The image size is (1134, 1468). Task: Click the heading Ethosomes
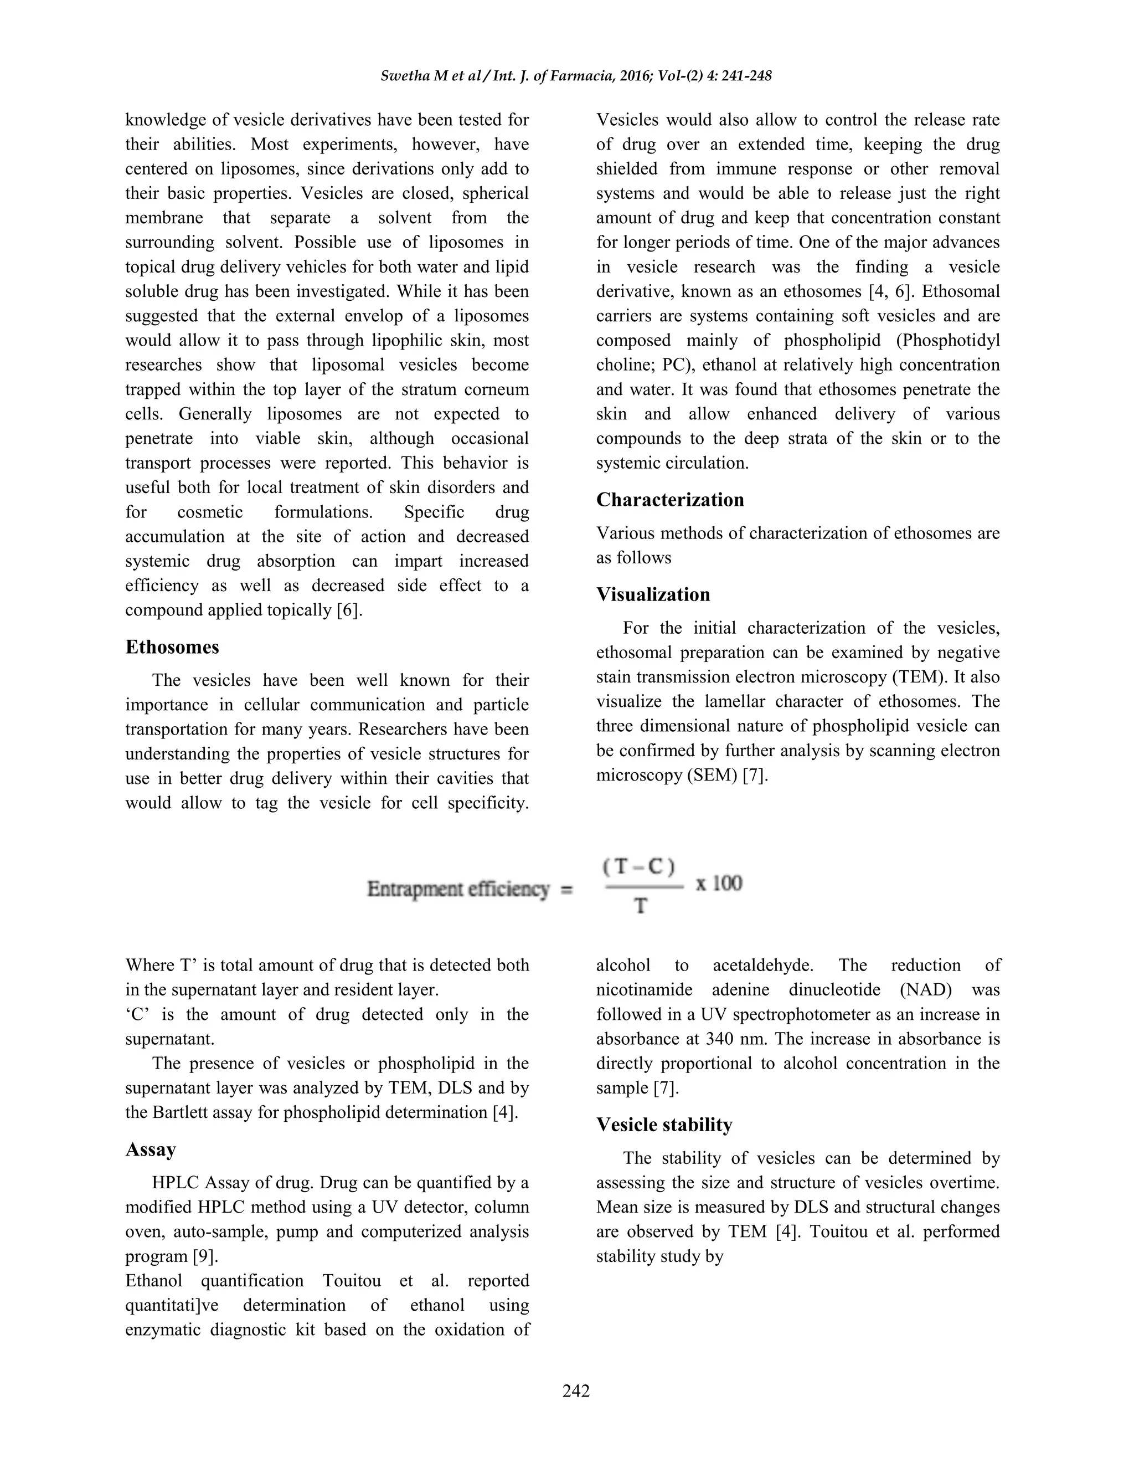click(172, 646)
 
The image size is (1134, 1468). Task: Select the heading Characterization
click(670, 500)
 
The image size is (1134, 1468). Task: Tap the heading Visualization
click(653, 594)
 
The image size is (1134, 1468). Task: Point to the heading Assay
click(151, 1149)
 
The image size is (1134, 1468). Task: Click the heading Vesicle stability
click(664, 1125)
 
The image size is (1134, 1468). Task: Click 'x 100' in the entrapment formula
click(719, 883)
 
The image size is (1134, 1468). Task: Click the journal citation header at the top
click(576, 76)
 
